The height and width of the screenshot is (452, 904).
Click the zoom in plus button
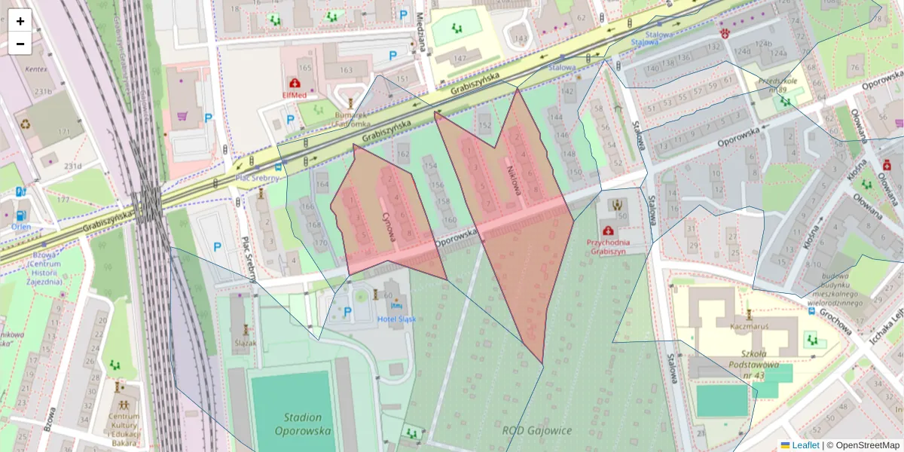[20, 21]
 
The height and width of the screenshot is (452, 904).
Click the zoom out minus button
[20, 44]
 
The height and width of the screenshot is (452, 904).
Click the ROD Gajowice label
[537, 431]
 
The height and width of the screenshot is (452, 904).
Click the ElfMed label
[294, 96]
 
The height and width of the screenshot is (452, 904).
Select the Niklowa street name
[515, 181]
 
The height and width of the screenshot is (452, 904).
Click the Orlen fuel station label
[21, 226]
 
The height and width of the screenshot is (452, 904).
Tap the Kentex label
[35, 69]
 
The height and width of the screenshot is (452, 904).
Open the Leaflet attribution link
[805, 445]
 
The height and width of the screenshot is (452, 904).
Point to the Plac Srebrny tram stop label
[258, 179]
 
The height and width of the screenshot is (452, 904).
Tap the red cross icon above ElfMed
[294, 83]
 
